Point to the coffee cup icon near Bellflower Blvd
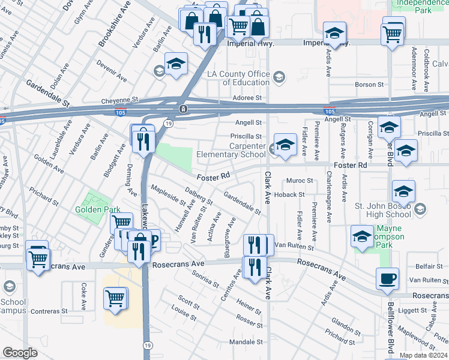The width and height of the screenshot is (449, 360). [x=387, y=278]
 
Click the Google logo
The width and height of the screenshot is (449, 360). [x=20, y=353]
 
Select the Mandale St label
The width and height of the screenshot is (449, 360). [x=243, y=342]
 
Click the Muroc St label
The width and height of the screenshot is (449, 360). [x=300, y=180]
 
